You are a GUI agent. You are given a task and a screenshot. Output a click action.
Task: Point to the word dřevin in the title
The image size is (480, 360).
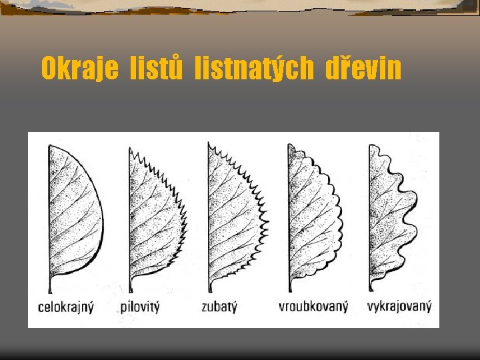pos(363,67)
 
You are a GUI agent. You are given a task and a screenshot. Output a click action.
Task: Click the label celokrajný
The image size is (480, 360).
pos(66,307)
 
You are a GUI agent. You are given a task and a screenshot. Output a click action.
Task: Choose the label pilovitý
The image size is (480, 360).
pos(140,307)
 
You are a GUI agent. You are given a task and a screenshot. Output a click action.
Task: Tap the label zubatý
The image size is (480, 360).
pos(219,307)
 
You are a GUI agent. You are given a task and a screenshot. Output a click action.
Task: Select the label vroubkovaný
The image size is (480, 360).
pos(313,307)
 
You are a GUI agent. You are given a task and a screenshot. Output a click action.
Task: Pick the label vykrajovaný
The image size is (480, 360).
pos(399,307)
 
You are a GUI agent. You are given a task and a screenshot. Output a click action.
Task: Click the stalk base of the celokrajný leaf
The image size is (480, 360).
pos(51,289)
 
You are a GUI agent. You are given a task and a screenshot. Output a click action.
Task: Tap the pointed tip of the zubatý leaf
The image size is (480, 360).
pos(209,143)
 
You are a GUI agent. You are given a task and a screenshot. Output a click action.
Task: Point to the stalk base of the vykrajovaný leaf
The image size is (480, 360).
pos(371,289)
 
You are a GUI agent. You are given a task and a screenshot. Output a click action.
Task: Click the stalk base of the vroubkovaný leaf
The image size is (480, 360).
pos(291,289)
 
